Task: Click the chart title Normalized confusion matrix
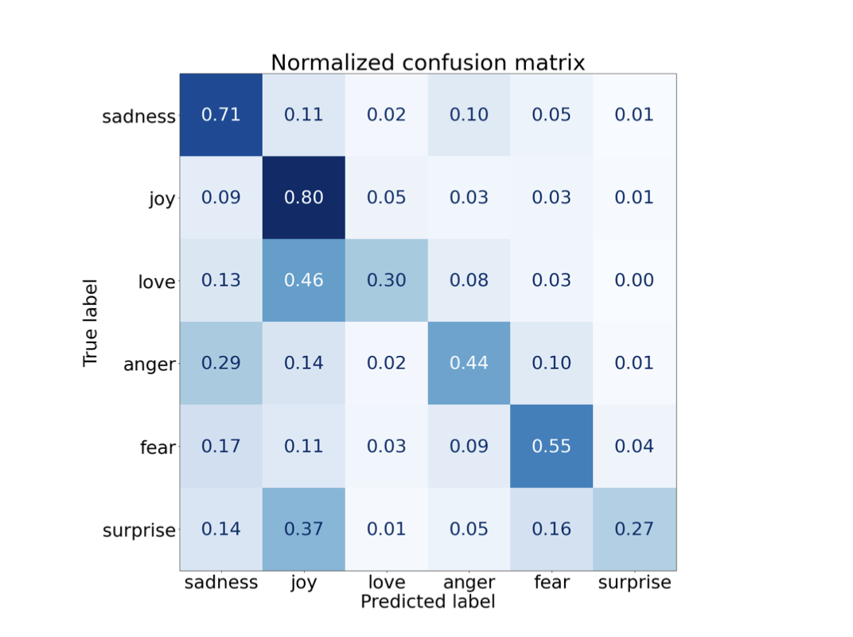tap(427, 62)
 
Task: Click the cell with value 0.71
tap(220, 115)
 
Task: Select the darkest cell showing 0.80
tap(303, 197)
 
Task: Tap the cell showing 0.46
tap(303, 280)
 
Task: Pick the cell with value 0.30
tap(386, 280)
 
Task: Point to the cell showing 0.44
tap(469, 363)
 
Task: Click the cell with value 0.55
tap(551, 446)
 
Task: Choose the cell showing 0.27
tap(634, 529)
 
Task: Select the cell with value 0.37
tap(303, 529)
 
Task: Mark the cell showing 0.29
tap(220, 363)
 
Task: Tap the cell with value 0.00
tap(634, 280)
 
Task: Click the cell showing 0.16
tap(551, 529)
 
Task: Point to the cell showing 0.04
tap(634, 446)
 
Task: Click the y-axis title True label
tap(90, 322)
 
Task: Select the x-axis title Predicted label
tap(427, 602)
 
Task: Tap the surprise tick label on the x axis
tap(634, 583)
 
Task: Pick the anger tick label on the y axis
tap(149, 364)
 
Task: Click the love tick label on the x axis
tap(386, 583)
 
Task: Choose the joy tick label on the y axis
tap(162, 198)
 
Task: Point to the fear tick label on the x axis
tap(551, 583)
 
